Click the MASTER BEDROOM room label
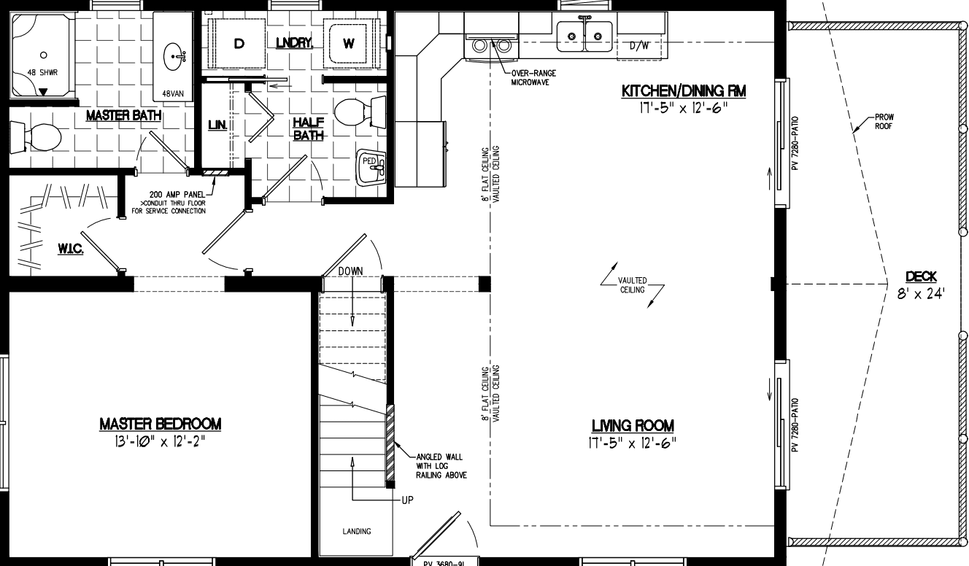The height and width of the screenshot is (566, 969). click(x=160, y=424)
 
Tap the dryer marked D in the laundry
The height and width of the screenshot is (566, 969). click(x=239, y=44)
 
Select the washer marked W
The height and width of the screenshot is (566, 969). click(x=349, y=44)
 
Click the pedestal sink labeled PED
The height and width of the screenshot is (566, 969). click(x=372, y=168)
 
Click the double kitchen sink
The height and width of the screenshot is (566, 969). click(x=584, y=34)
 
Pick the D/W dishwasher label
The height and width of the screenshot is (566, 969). click(x=639, y=46)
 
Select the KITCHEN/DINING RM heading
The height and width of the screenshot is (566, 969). click(x=684, y=91)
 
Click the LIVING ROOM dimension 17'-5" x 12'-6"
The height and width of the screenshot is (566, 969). click(x=633, y=443)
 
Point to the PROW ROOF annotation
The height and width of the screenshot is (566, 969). click(x=884, y=121)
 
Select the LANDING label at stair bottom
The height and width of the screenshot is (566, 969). click(x=357, y=531)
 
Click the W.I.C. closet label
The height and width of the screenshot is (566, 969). click(x=71, y=249)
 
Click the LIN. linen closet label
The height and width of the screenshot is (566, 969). click(x=217, y=125)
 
